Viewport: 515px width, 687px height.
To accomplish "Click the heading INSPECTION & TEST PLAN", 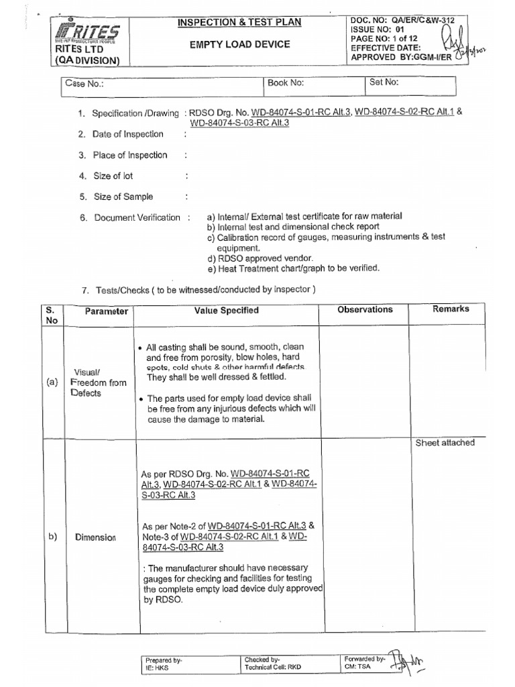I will (239, 23).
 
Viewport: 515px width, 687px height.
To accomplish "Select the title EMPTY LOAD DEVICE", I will (239, 44).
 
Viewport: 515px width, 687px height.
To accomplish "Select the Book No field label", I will (286, 84).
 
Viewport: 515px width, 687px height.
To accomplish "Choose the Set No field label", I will (384, 83).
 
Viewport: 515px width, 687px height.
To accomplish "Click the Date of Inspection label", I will (127, 134).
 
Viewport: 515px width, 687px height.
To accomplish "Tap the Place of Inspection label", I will (129, 155).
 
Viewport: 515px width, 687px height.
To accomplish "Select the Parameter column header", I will (106, 312).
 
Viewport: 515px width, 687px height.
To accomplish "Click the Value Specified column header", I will (227, 311).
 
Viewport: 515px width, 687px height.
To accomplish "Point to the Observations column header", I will (365, 310).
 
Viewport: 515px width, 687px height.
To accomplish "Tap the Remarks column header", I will (451, 309).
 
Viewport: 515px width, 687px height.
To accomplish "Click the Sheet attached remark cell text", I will (445, 443).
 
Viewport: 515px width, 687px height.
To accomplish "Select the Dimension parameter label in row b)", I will (97, 537).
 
